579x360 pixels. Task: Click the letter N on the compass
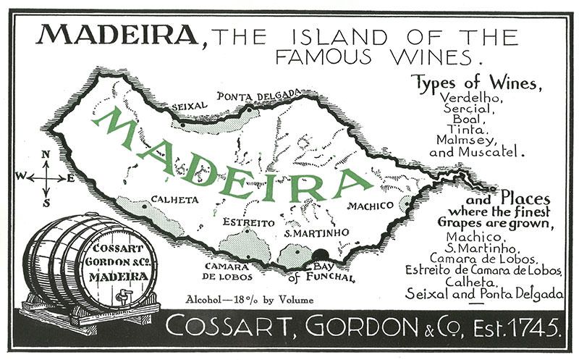(x=46, y=154)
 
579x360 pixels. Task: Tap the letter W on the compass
(x=21, y=175)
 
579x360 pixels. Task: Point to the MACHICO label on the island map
(x=370, y=206)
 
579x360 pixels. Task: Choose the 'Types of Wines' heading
(x=476, y=83)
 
